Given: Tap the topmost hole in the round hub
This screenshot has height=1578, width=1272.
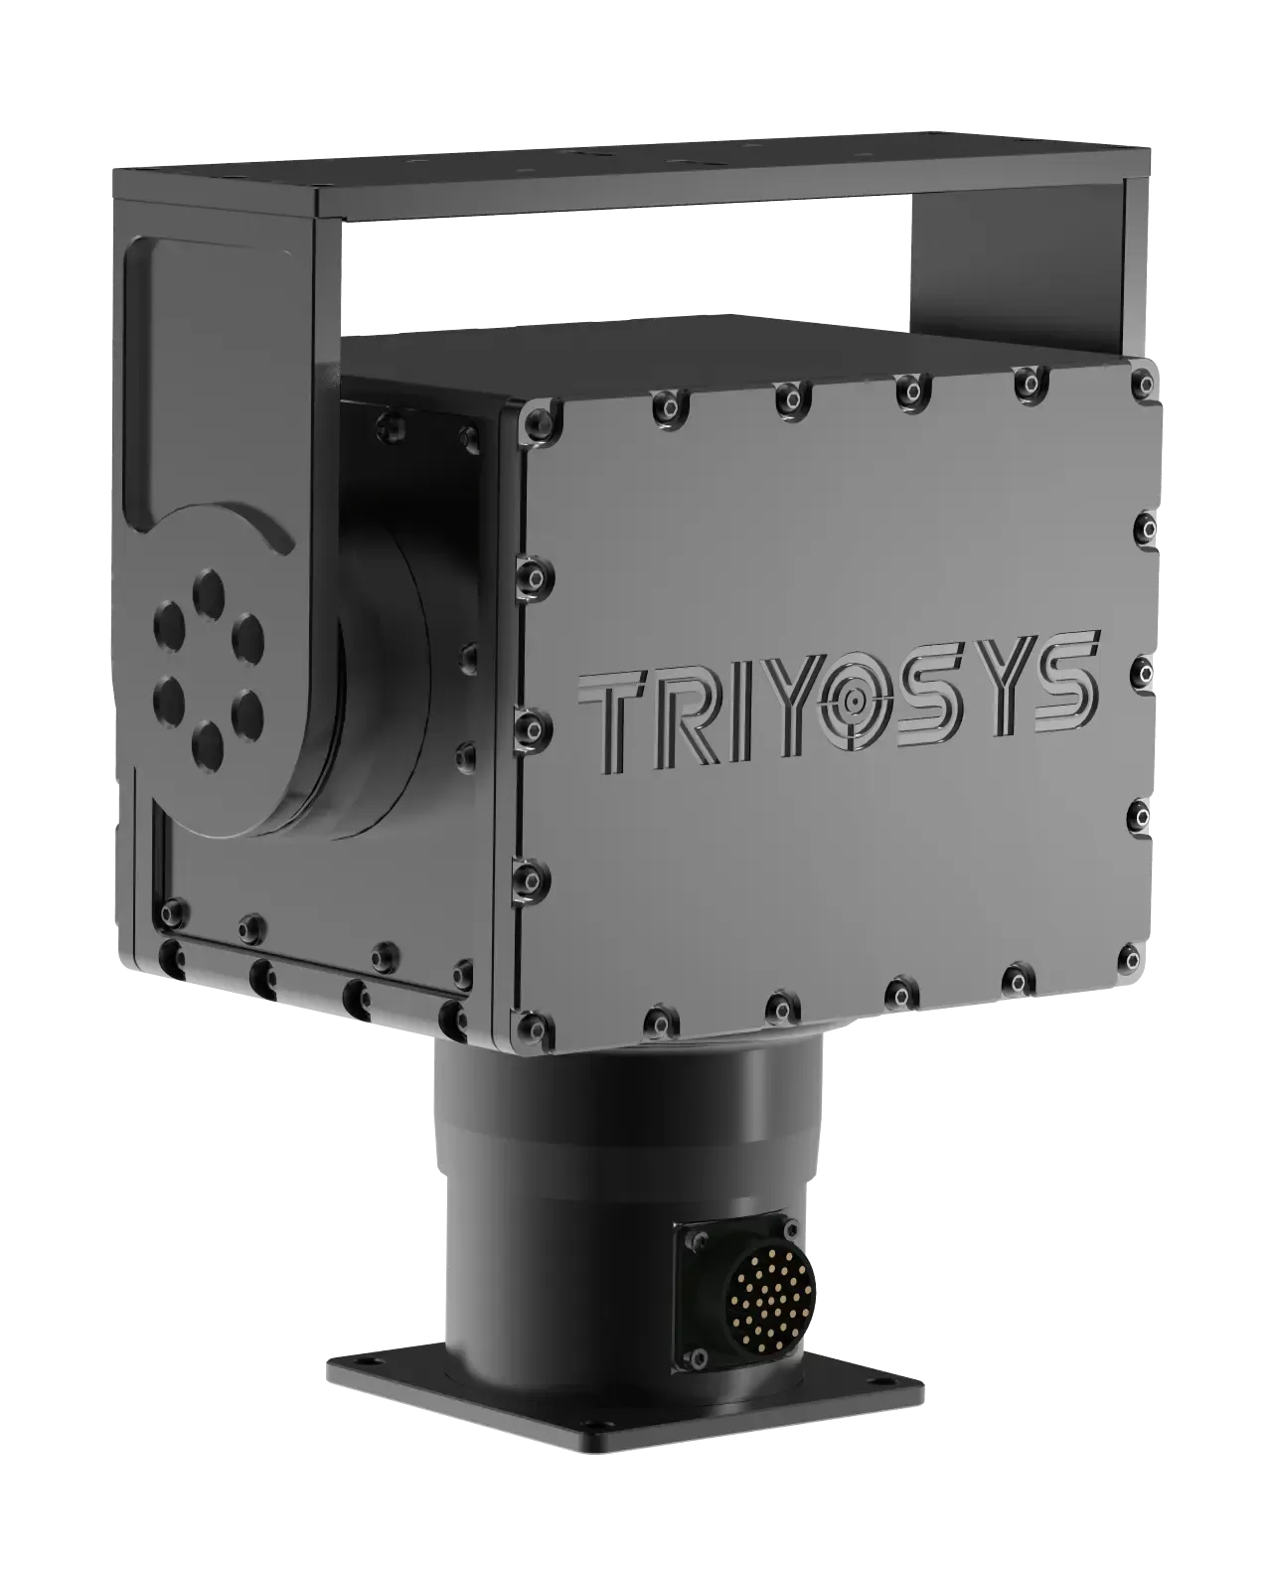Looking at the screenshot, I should [209, 583].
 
